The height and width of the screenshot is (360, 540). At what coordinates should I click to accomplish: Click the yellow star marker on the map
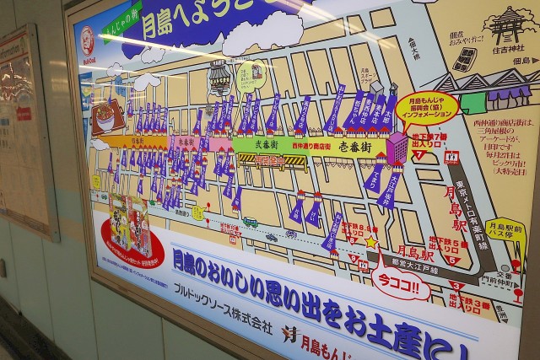point(370,241)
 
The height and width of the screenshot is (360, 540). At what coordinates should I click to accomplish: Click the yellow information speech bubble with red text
point(427,107)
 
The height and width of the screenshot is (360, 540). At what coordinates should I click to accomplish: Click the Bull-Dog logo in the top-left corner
point(86,40)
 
